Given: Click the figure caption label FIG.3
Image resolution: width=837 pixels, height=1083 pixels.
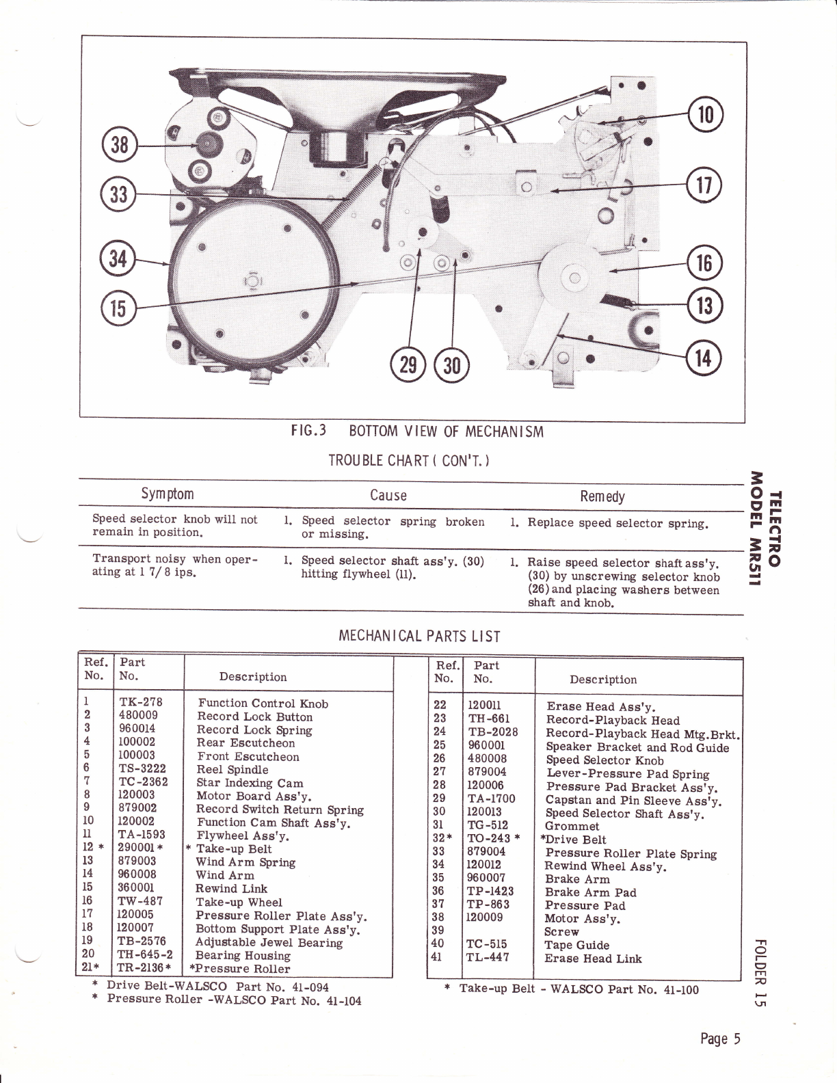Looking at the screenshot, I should tap(307, 431).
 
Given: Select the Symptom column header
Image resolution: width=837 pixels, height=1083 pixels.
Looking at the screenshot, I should tap(167, 494).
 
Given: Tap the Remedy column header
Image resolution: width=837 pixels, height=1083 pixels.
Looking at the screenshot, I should tap(602, 496).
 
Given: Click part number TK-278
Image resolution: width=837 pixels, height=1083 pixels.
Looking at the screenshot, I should tap(140, 701).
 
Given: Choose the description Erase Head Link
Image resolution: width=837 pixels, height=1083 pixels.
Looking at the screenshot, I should tap(593, 959).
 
